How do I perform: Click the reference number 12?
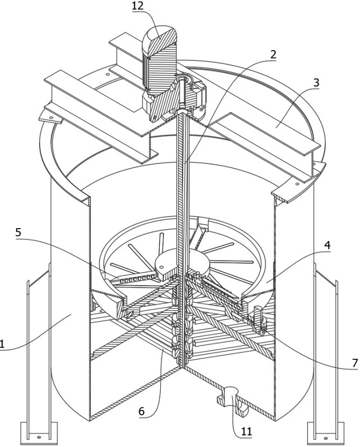(x=138, y=6)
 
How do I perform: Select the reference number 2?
(x=273, y=54)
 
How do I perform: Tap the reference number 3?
(x=316, y=83)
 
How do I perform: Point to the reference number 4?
(x=327, y=245)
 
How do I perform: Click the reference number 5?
(x=18, y=232)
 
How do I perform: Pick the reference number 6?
(x=141, y=411)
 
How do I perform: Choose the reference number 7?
(x=355, y=363)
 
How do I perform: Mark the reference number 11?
(x=247, y=432)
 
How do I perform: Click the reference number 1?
(x=2, y=344)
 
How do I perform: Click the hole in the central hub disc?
(x=161, y=267)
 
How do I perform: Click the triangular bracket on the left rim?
(x=50, y=117)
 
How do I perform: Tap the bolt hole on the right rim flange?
(x=297, y=184)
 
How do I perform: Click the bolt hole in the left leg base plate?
(x=39, y=437)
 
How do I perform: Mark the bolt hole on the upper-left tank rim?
(x=107, y=74)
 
